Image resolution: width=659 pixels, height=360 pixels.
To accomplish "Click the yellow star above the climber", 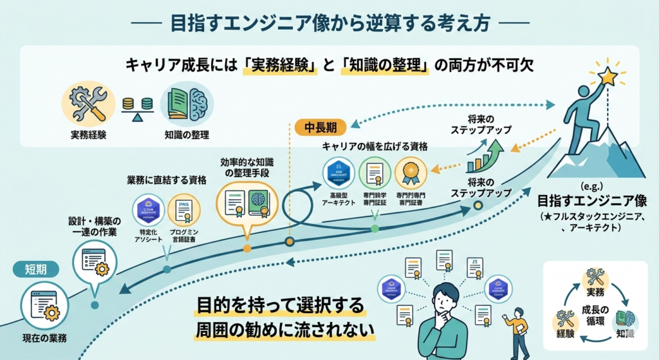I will tap(607, 77).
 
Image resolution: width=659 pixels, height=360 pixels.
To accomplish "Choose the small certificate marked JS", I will tap(475, 266).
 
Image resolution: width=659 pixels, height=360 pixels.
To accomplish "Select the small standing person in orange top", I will tap(516, 332).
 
